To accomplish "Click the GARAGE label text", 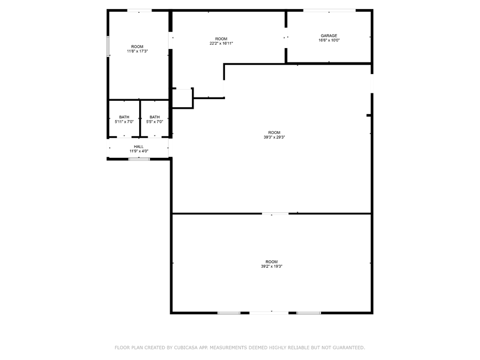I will click(x=329, y=36).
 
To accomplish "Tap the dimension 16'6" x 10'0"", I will click(x=329, y=41).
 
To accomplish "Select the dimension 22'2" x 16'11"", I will click(x=221, y=44).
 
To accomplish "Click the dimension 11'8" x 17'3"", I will click(x=137, y=51).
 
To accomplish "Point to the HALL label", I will click(x=139, y=146).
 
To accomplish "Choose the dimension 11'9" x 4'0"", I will click(x=139, y=151).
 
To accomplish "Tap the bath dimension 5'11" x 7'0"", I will click(x=124, y=122).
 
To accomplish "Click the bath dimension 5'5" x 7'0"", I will click(x=155, y=122).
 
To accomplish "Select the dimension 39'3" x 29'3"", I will click(x=274, y=137).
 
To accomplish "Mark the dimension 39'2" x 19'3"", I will click(x=271, y=266).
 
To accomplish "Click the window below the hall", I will click(x=139, y=159).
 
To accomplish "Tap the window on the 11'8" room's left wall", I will click(x=108, y=46).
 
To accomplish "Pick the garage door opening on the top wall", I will click(x=329, y=10).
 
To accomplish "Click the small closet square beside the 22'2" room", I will click(x=181, y=98).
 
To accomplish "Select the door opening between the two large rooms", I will click(x=275, y=214).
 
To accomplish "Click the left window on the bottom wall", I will click(x=229, y=313).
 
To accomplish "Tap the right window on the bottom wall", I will click(x=308, y=313).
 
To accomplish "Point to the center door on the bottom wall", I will click(x=269, y=313).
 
